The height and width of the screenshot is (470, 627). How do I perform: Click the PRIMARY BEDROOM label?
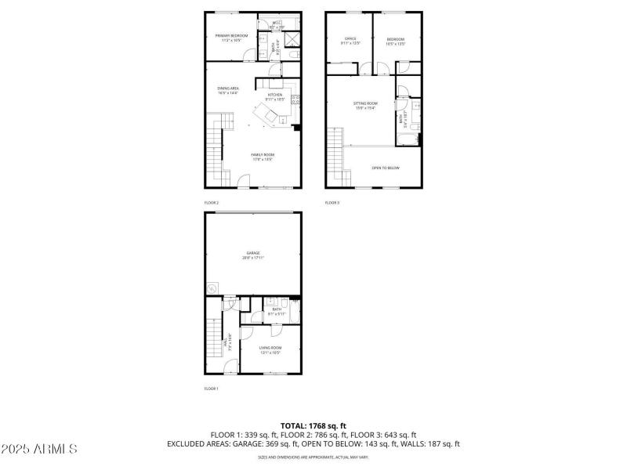tap(233, 37)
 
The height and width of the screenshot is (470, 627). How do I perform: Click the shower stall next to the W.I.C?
tap(293, 41)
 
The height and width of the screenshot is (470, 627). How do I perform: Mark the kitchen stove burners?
tap(295, 99)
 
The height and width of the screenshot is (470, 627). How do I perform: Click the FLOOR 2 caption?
tap(212, 203)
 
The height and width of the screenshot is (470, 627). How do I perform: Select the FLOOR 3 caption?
tap(332, 203)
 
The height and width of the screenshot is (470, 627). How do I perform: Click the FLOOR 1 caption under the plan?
tap(212, 389)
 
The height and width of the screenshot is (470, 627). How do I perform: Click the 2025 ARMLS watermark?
tap(39, 450)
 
